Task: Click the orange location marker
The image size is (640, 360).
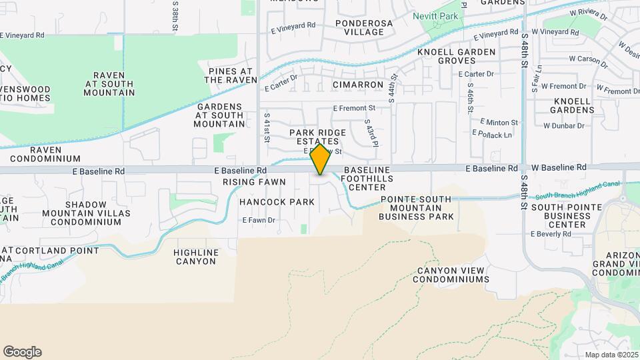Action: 321,160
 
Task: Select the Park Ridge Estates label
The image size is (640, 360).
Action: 318,137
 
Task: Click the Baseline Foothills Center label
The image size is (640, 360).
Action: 367,178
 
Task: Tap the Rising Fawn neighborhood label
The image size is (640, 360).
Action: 254,182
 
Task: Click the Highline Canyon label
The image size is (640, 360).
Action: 195,257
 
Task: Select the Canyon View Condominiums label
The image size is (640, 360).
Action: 451,275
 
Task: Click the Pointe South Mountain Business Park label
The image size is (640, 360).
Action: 417,208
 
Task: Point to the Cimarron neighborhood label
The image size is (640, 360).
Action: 358,85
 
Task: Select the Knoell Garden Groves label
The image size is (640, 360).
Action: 457,56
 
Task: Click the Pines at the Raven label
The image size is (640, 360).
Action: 230,75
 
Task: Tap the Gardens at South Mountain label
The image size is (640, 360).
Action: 219,115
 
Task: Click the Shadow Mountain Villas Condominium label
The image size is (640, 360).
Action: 81,213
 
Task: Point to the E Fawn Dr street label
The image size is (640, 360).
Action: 259,220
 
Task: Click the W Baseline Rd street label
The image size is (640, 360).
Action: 559,167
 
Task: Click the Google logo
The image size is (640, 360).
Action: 22,352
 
